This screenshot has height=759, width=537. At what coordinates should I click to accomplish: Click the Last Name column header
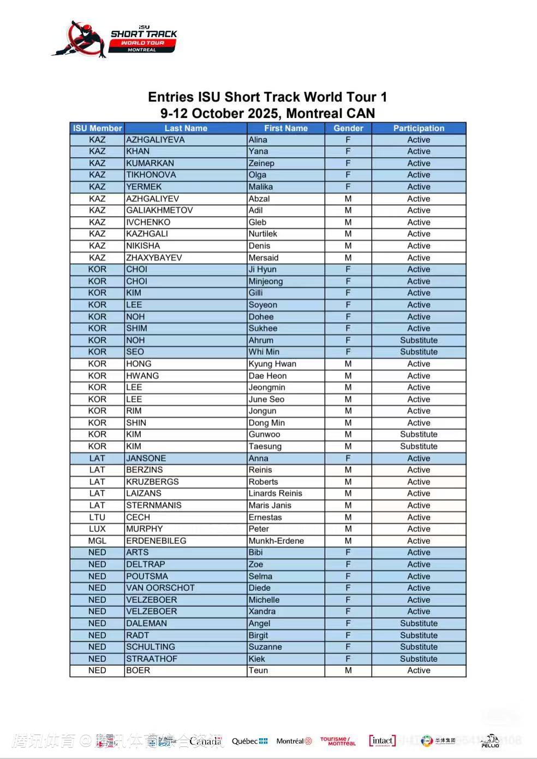pyautogui.click(x=186, y=128)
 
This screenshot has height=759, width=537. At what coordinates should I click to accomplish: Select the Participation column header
pyautogui.click(x=419, y=128)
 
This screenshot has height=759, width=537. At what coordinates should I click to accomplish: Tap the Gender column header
pyautogui.click(x=348, y=128)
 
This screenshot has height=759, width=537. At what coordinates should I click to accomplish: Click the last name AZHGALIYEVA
pyautogui.click(x=156, y=140)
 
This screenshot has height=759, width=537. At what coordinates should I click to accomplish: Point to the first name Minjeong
pyautogui.click(x=266, y=281)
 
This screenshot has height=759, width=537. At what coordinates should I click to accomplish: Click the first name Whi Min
pyautogui.click(x=264, y=352)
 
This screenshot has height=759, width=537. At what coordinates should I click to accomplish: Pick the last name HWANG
pyautogui.click(x=142, y=376)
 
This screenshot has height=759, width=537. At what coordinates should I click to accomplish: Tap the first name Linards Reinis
pyautogui.click(x=275, y=493)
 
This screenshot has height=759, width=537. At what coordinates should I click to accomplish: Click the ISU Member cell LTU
pyautogui.click(x=97, y=517)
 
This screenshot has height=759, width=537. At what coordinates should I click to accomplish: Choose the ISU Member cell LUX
pyautogui.click(x=97, y=529)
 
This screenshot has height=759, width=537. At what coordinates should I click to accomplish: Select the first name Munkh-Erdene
pyautogui.click(x=276, y=541)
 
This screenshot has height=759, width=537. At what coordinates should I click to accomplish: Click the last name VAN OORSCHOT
pyautogui.click(x=160, y=588)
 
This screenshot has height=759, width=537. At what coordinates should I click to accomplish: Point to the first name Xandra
pyautogui.click(x=262, y=611)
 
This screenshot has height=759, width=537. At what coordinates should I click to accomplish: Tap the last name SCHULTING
pyautogui.click(x=151, y=647)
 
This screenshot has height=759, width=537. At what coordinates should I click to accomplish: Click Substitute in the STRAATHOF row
pyautogui.click(x=419, y=659)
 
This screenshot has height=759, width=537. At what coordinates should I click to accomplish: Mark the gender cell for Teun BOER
pyautogui.click(x=348, y=670)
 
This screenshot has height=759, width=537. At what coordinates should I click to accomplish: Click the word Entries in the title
pyautogui.click(x=171, y=97)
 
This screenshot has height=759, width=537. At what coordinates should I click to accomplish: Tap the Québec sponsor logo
pyautogui.click(x=249, y=741)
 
